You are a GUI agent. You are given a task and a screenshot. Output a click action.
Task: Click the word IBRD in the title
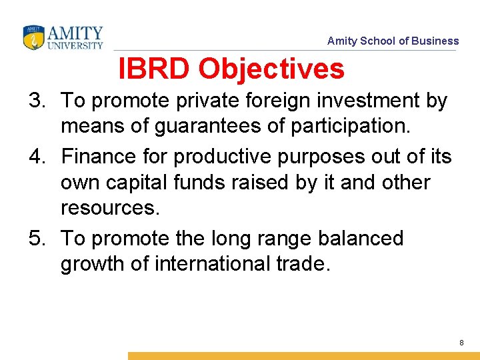(155, 68)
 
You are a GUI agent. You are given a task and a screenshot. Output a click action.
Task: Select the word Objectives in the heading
(271, 68)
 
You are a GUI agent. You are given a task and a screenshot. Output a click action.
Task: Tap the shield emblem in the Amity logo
(33, 38)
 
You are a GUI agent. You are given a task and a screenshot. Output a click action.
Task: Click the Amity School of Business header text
(393, 41)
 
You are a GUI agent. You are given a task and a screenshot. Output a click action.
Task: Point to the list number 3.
(37, 101)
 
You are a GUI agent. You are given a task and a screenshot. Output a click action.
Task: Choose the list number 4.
(37, 157)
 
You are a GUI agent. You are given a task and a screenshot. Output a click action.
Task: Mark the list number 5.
(37, 239)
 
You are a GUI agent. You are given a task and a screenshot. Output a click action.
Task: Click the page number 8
(461, 342)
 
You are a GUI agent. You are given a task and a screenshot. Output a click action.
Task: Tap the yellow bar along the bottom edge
(303, 356)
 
